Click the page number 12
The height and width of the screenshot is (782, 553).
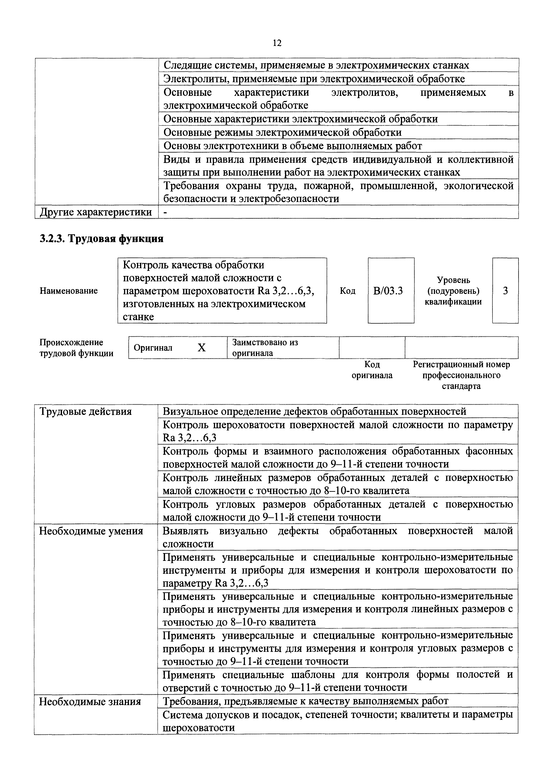[277, 43]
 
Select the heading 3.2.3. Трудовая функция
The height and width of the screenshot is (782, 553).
[101, 239]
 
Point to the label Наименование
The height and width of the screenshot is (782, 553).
[68, 291]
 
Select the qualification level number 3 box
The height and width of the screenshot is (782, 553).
[505, 291]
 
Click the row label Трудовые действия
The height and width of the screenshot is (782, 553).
[85, 412]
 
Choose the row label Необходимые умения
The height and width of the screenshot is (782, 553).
[91, 531]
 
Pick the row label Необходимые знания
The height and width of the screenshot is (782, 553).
[90, 702]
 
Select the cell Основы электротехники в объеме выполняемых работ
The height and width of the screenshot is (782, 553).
[292, 146]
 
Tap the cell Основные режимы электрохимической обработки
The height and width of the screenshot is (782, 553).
[282, 132]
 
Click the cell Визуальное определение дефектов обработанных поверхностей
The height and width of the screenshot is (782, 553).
[314, 412]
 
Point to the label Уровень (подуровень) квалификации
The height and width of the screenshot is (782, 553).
[453, 291]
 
